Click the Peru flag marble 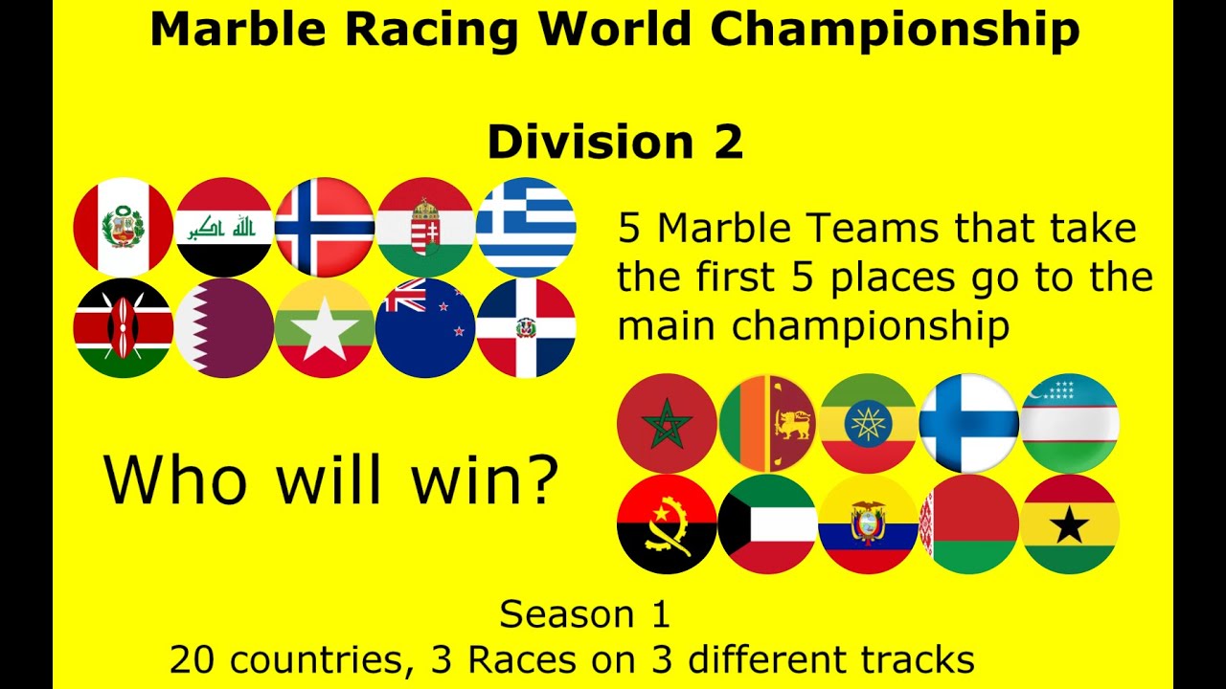(123, 227)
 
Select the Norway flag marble (325, 227)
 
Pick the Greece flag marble (526, 227)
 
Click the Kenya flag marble (123, 328)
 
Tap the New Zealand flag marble (425, 328)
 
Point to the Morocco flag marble (668, 423)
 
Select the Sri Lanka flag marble (768, 423)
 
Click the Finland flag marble (968, 423)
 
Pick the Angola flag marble (668, 524)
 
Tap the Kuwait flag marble (768, 524)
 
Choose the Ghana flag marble (1070, 524)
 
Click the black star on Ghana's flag (1070, 525)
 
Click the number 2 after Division (726, 143)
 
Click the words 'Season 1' (584, 614)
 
